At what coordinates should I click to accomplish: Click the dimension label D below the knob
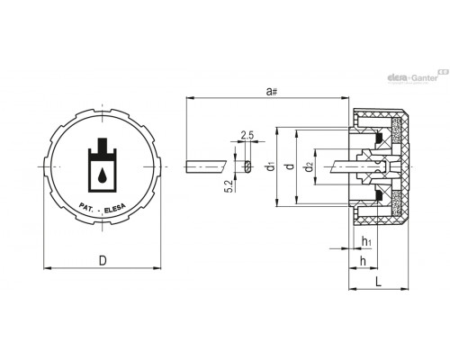click(x=103, y=260)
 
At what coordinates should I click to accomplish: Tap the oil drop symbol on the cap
click(x=103, y=175)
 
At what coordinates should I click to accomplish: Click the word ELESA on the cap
click(x=115, y=209)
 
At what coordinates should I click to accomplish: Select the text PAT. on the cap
click(x=86, y=207)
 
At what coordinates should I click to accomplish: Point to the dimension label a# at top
click(x=271, y=91)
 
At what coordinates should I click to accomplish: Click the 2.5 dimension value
click(x=247, y=135)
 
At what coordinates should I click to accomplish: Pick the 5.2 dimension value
click(x=229, y=186)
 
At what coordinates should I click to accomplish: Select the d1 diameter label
click(x=271, y=166)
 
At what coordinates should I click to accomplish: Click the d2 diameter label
click(x=309, y=166)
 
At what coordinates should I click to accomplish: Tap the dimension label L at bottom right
click(x=379, y=282)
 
